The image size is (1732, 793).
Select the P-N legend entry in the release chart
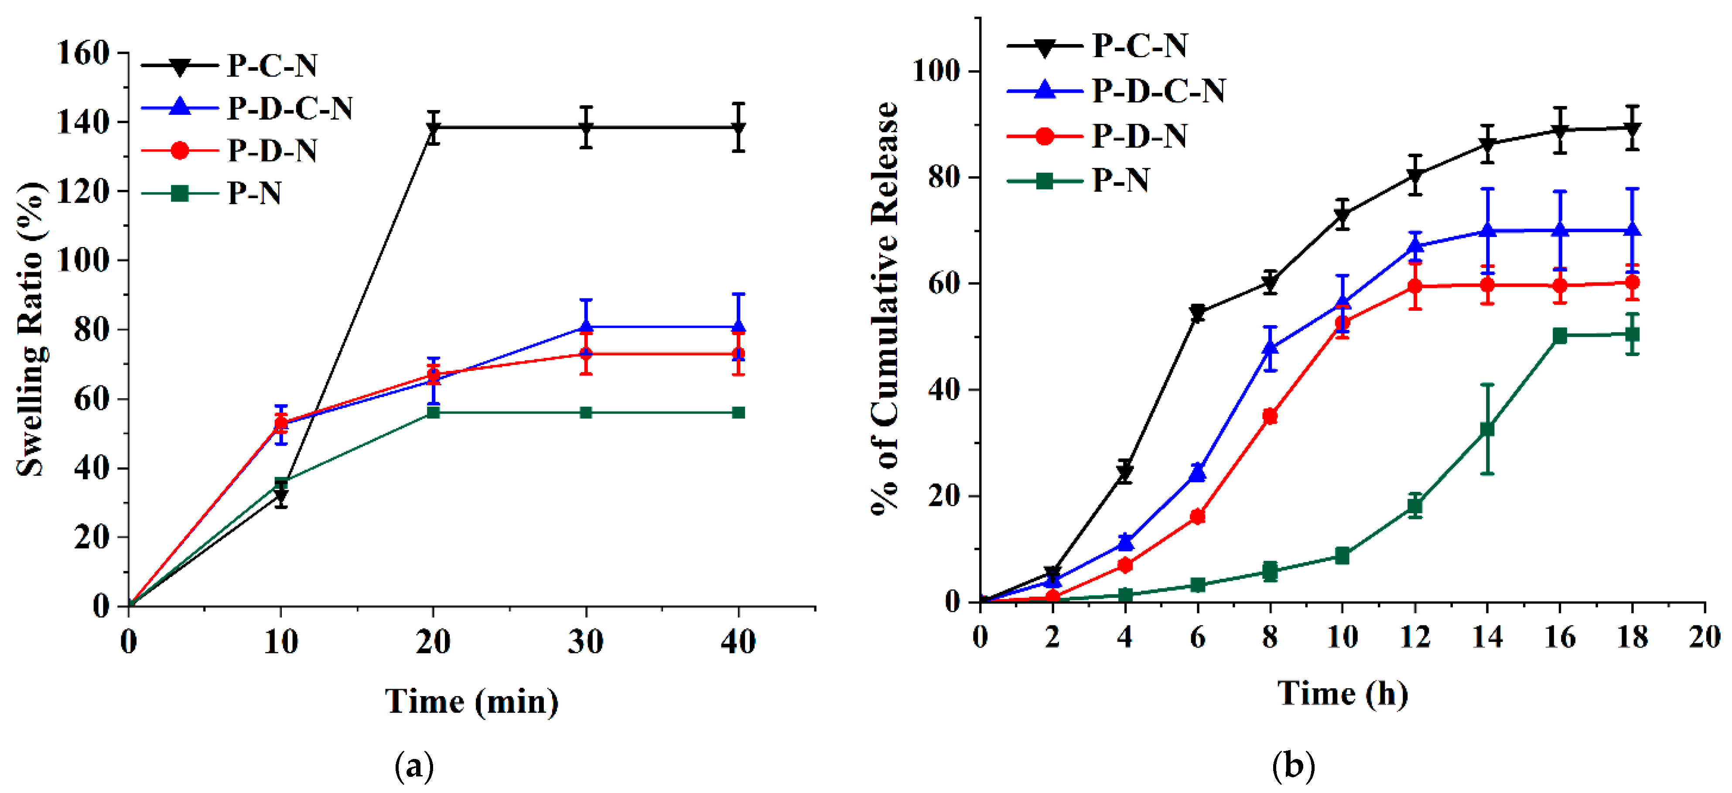(x=1120, y=180)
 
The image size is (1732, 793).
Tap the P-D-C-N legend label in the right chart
(x=1158, y=90)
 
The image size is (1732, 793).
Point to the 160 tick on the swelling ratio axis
(x=83, y=53)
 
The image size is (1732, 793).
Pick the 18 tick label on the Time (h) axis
(x=1632, y=636)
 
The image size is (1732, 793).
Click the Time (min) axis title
(x=471, y=701)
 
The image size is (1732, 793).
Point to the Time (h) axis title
(x=1343, y=693)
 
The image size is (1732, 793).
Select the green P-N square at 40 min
(x=738, y=412)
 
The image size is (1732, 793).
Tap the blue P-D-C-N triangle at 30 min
(x=586, y=327)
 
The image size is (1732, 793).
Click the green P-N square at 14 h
(x=1487, y=429)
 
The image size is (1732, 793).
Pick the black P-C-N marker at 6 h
(x=1197, y=313)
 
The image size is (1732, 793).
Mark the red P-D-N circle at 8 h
(x=1269, y=416)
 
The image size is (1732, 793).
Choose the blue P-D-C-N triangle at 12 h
(x=1414, y=246)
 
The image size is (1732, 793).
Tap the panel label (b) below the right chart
(x=1294, y=766)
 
